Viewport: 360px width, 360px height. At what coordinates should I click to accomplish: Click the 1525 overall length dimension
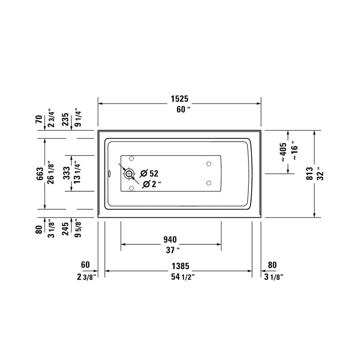[x=179, y=99]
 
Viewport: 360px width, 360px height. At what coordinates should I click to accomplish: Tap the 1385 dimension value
[x=179, y=266]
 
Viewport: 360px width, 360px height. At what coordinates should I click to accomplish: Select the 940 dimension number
[x=170, y=239]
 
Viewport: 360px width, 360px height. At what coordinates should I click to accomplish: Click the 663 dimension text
[x=40, y=174]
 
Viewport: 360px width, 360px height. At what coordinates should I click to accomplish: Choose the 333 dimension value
[x=66, y=173]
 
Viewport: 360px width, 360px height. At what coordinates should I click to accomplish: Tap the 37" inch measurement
[x=171, y=249]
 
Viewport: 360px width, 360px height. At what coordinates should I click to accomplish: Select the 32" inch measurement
[x=320, y=174]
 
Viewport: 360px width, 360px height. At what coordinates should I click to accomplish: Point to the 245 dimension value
[x=66, y=228]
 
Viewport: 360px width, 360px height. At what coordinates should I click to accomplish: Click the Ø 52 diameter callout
[x=149, y=173]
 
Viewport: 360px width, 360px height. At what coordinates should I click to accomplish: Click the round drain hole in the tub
[x=130, y=173]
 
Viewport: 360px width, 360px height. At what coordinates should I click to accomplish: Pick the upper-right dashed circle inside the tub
[x=208, y=163]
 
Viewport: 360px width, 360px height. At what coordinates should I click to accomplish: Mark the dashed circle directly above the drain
[x=131, y=158]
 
